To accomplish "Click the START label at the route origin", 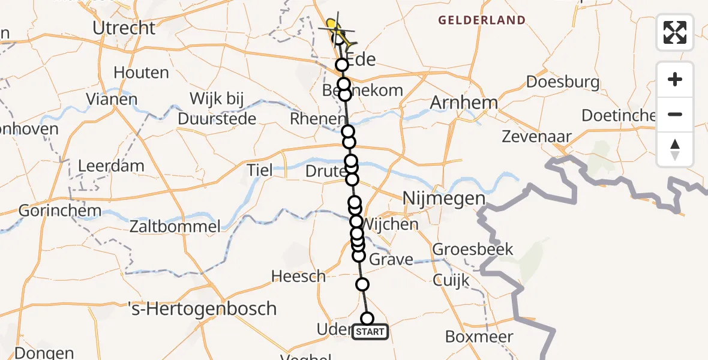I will point(370,332).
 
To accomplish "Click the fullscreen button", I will point(675,32).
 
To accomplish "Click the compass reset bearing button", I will point(675,149).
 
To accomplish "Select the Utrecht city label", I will point(124,28).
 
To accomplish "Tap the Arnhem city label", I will point(464,103).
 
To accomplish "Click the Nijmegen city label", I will point(443,199).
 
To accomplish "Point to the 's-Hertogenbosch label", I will point(203,309).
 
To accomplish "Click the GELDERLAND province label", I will point(482,20).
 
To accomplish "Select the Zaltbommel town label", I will point(175,227).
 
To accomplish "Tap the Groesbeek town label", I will point(473,249).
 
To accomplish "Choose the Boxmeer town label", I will point(480,337).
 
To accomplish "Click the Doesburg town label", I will point(562,82).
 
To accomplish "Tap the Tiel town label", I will point(259,170).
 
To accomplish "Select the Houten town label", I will point(141,73).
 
